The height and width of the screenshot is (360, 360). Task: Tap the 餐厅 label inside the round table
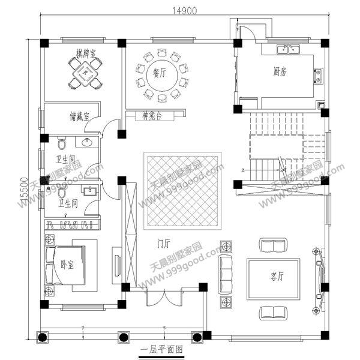click(159, 74)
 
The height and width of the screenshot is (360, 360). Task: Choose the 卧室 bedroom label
click(67, 265)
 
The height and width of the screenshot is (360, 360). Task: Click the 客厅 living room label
click(277, 277)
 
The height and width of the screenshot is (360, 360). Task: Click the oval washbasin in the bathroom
click(89, 142)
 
